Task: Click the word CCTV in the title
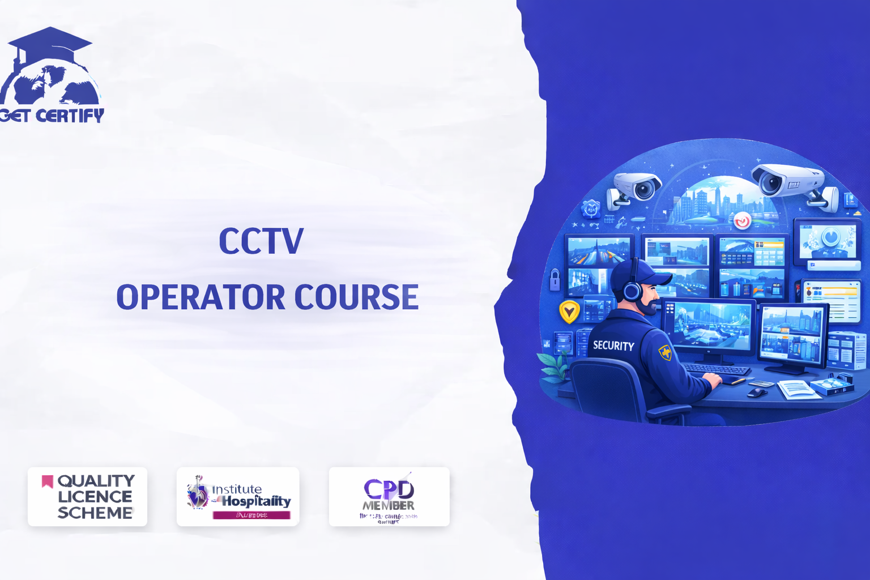pos(261,241)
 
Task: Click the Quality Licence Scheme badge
pos(88,497)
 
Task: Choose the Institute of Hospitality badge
pos(238,497)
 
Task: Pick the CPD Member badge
pos(389,497)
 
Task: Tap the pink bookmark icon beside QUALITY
pos(48,481)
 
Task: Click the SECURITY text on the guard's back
pos(613,345)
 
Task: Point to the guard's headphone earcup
pos(632,291)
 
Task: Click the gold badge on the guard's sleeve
pos(665,352)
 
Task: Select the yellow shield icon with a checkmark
pos(569,311)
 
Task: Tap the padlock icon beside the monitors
pos(555,279)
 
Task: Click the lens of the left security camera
pos(644,189)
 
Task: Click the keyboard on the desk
pos(717,369)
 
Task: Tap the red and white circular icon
pos(742,220)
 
